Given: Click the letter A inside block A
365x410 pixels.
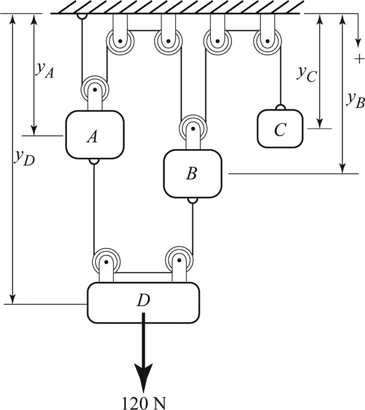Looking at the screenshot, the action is pos(92,136).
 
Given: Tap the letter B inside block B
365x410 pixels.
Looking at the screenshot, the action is pos(192,174).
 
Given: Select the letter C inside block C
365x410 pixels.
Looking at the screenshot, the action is pos(280,129).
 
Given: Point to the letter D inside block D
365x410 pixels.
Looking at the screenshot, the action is pos(144,301).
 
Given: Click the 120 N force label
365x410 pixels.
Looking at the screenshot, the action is pos(144,403).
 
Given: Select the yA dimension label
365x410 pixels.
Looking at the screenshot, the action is pos(45,70).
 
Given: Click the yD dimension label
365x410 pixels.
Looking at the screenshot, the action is pos(24,158).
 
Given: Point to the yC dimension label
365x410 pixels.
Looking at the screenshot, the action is pos(307,74).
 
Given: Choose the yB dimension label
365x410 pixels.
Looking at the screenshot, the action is pos(355,100).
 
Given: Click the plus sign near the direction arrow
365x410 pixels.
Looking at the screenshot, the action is pos(359,59).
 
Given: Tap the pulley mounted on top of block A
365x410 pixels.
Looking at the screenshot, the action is pos(95,90).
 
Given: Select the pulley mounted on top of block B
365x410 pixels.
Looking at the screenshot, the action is pos(193,129).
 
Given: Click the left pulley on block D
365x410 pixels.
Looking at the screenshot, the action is pos(106,262).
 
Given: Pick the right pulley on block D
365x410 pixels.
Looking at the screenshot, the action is pos(179,260).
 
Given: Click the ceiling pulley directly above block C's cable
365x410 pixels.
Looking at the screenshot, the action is pos(267,41).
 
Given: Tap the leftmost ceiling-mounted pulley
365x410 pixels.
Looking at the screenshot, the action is pos(121,41).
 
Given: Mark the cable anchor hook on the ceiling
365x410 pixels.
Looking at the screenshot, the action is pos(82,16).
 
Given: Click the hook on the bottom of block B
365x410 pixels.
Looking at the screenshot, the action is pos(192,200).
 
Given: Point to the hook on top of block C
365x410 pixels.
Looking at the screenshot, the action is pos(280,107).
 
